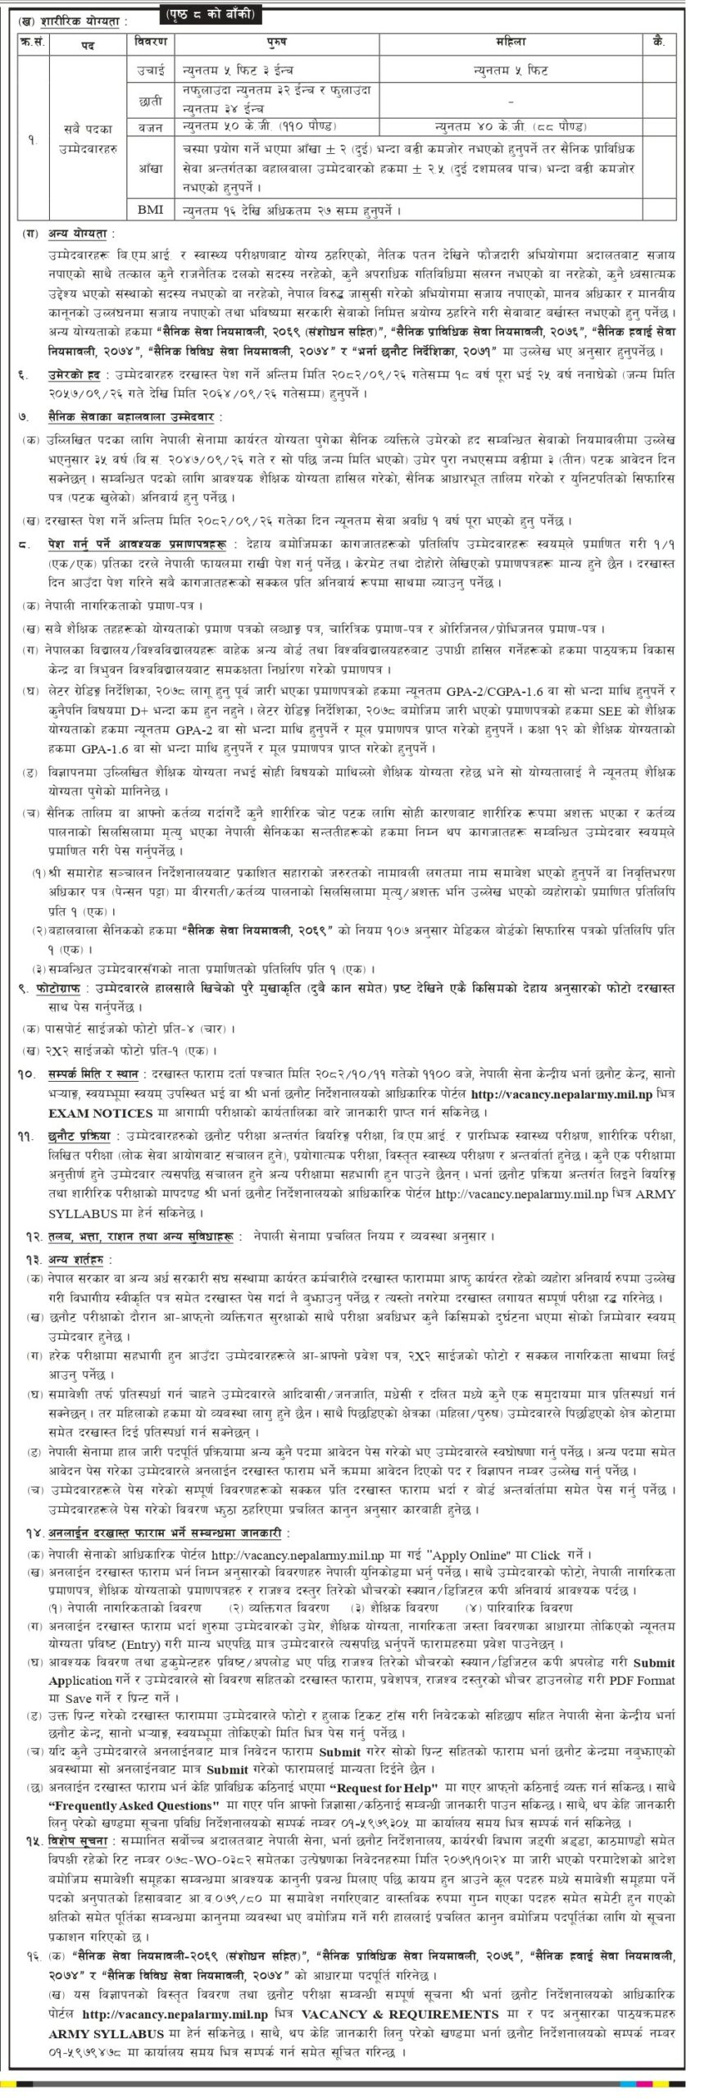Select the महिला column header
pyautogui.click(x=511, y=42)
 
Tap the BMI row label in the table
pyautogui.click(x=150, y=210)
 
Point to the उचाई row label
pyautogui.click(x=150, y=71)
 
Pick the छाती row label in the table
pyautogui.click(x=150, y=99)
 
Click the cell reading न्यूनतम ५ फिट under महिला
pyautogui.click(x=511, y=71)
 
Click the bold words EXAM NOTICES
pyautogui.click(x=101, y=1113)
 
